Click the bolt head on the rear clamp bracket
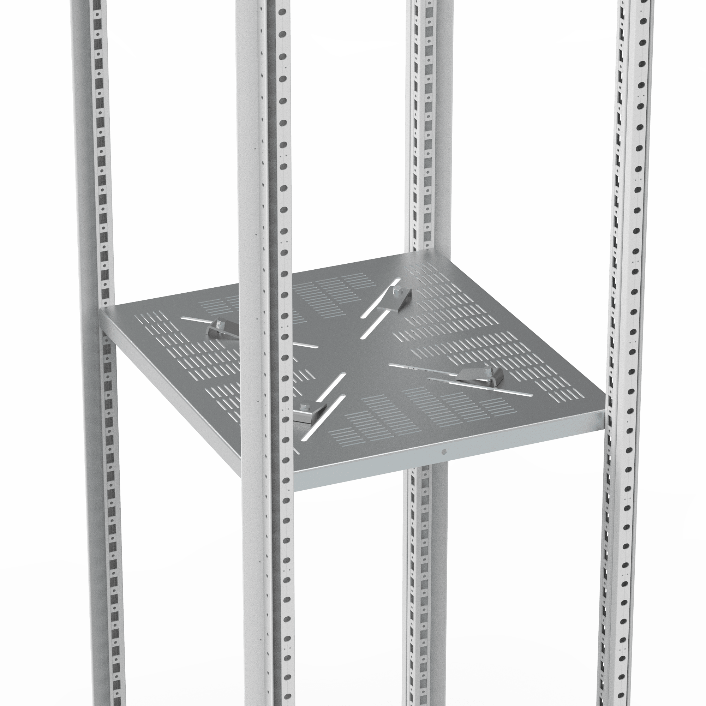click(x=397, y=291)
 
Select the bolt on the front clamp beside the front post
click(x=304, y=406)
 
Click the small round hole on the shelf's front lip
click(x=444, y=452)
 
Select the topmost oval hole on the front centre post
click(x=282, y=12)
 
